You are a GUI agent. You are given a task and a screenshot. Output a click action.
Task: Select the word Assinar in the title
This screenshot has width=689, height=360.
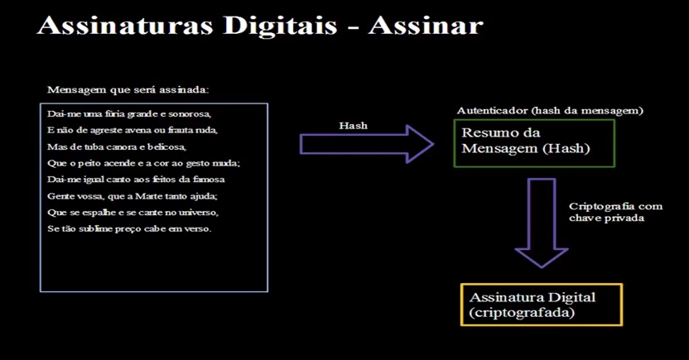click(425, 26)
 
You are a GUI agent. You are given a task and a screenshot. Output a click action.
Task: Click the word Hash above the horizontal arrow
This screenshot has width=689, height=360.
click(353, 126)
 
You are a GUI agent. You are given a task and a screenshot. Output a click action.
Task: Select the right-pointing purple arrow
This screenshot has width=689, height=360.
click(365, 145)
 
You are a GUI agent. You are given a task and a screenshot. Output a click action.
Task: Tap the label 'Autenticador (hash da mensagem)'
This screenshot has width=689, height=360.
click(550, 110)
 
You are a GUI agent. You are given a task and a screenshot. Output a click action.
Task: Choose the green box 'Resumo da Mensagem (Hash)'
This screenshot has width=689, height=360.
click(533, 142)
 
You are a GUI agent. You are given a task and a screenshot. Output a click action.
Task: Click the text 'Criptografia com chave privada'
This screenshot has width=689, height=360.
click(604, 211)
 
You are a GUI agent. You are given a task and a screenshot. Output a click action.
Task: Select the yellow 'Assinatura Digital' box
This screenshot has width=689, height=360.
click(541, 304)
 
